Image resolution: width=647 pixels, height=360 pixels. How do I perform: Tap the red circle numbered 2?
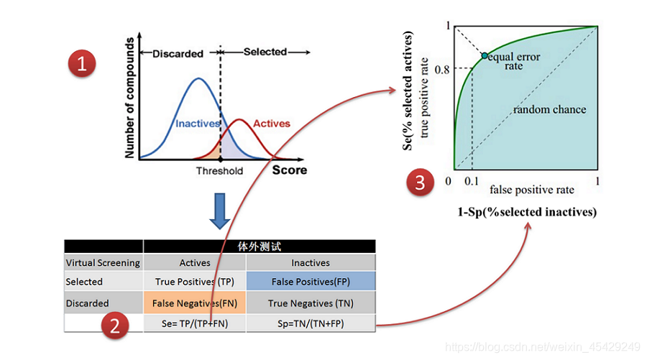pyautogui.click(x=113, y=327)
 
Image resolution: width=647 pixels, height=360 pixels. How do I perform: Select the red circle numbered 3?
pyautogui.click(x=420, y=183)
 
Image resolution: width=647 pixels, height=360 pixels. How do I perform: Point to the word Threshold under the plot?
pyautogui.click(x=219, y=171)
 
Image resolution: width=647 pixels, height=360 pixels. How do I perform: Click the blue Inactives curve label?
pyautogui.click(x=197, y=124)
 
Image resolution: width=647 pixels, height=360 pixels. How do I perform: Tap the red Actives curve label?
pyautogui.click(x=272, y=124)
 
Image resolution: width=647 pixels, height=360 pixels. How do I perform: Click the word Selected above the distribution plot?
pyautogui.click(x=265, y=52)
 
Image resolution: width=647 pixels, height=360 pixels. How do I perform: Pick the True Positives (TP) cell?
pyautogui.click(x=194, y=282)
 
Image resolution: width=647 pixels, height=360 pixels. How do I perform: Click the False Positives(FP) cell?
pyautogui.click(x=311, y=282)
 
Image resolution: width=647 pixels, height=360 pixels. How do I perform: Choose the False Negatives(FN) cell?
pyautogui.click(x=194, y=303)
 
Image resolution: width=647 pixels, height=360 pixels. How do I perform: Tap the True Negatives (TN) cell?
pyautogui.click(x=311, y=303)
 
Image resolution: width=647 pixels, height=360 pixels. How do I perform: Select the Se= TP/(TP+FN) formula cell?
pyautogui.click(x=194, y=324)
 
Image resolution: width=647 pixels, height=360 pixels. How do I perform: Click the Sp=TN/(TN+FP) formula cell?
pyautogui.click(x=311, y=324)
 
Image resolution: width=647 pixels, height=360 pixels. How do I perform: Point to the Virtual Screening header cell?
pyautogui.click(x=103, y=263)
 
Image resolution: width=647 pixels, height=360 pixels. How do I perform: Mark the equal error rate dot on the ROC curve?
pyautogui.click(x=484, y=55)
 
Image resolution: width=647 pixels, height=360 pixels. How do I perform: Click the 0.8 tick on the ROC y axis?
pyautogui.click(x=441, y=70)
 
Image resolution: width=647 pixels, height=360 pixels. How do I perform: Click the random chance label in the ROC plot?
pyautogui.click(x=549, y=110)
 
